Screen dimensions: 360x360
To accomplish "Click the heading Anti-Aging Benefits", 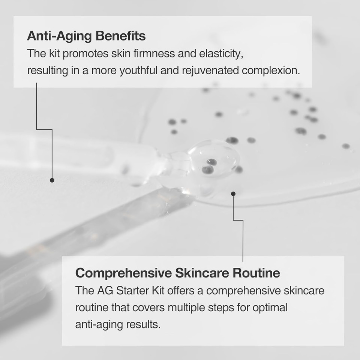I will [86, 36].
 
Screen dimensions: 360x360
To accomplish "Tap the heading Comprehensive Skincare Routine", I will [177, 273].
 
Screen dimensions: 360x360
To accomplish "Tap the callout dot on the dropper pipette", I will [52, 180].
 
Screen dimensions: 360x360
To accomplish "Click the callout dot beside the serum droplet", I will [233, 194].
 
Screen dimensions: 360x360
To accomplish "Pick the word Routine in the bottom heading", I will [256, 273].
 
